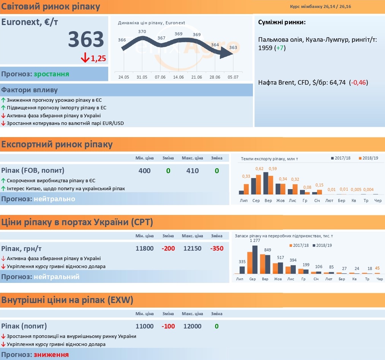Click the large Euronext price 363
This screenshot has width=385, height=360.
(x=86, y=39)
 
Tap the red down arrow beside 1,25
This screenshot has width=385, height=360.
(x=85, y=58)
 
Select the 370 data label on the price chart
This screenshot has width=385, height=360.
(x=142, y=32)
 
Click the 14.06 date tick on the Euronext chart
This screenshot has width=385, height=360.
(x=178, y=77)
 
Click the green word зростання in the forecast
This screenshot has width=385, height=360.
(x=51, y=74)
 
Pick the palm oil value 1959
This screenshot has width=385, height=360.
(x=265, y=47)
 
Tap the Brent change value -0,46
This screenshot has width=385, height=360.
(x=358, y=82)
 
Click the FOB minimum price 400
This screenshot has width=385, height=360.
(x=144, y=171)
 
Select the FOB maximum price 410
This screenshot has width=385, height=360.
(x=192, y=171)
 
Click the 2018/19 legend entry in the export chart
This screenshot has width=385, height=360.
(x=368, y=158)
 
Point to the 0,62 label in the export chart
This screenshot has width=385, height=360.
(x=259, y=169)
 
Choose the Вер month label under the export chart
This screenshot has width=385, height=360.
(x=268, y=201)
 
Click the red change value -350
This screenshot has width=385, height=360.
(x=217, y=248)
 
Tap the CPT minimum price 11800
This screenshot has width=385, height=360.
(x=144, y=248)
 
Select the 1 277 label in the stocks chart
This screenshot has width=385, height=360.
(x=255, y=240)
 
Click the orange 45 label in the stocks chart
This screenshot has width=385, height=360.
(x=377, y=268)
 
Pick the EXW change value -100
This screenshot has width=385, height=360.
(x=168, y=326)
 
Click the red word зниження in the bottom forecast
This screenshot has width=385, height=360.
(x=51, y=355)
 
